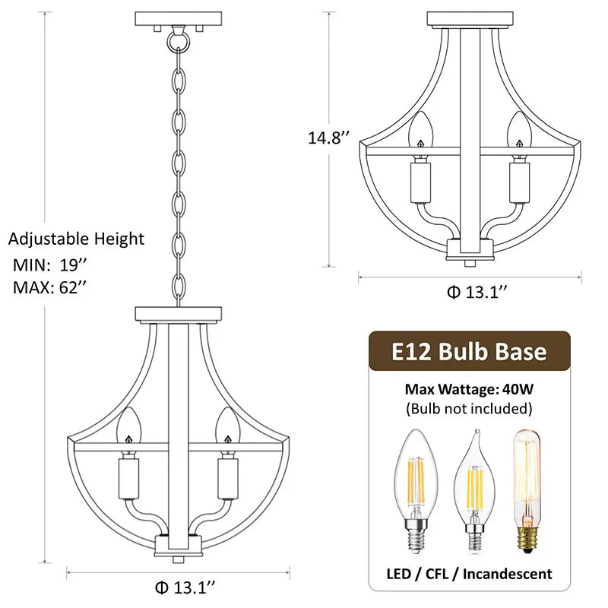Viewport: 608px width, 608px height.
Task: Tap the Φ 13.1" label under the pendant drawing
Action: point(185,586)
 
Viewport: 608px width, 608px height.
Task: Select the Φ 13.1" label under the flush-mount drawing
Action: point(477,293)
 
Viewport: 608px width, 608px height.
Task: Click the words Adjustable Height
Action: point(77,239)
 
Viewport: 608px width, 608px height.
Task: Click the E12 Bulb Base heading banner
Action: point(469,352)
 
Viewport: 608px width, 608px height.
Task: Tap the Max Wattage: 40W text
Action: point(469,389)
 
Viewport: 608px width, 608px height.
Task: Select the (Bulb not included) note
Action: point(469,408)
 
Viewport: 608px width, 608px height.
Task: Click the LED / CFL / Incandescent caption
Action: point(469,573)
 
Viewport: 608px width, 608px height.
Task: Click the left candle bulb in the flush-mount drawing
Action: point(419,131)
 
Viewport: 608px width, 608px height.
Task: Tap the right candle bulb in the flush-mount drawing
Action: point(519,131)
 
